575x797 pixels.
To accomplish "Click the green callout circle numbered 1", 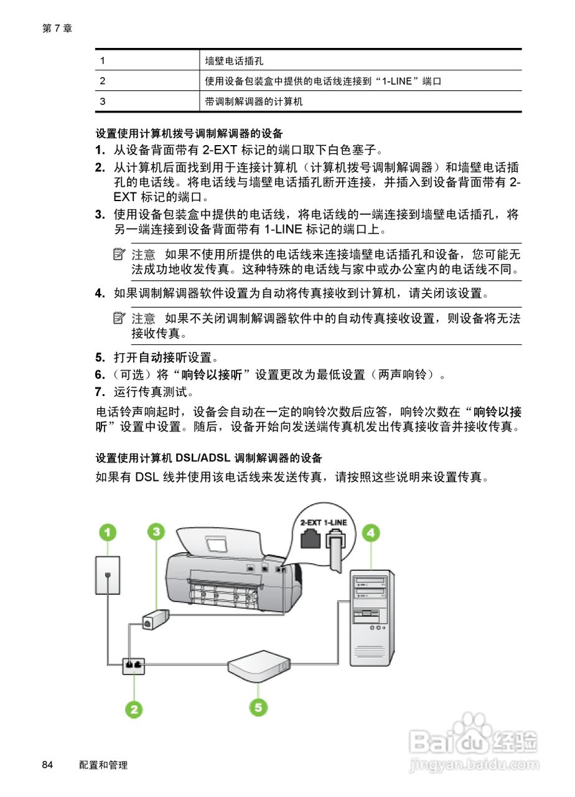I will (x=108, y=532).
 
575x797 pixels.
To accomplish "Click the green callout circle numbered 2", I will (x=134, y=709).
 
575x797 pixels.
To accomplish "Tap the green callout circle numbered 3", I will (x=156, y=532).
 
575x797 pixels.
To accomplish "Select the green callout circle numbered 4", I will (x=372, y=532).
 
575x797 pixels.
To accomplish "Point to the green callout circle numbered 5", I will (x=259, y=706).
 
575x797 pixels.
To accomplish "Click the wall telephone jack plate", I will (x=108, y=575).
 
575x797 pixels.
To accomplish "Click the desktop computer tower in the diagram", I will (x=372, y=614).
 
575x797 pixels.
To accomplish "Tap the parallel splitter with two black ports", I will (x=133, y=665).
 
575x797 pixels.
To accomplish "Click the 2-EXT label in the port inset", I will (x=310, y=522).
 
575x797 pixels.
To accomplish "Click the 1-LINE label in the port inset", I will (x=337, y=522).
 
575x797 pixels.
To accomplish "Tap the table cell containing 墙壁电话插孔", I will (x=234, y=61).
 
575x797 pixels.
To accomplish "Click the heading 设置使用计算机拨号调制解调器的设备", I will (x=189, y=133).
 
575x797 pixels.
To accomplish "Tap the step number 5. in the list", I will (x=100, y=358).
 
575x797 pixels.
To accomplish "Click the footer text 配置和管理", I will (x=103, y=765).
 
